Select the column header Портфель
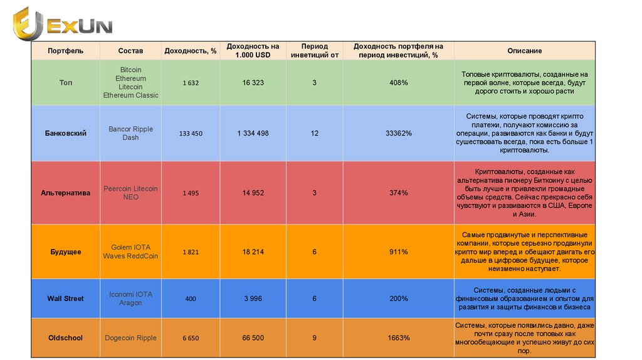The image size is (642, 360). tap(65, 51)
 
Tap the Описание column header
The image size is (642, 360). tap(525, 51)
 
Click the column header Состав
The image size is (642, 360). tap(130, 51)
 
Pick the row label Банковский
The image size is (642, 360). tap(65, 134)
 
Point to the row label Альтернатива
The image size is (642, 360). tap(65, 193)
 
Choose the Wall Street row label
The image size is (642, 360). tap(65, 299)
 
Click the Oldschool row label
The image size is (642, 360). tap(65, 338)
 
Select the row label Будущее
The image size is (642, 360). tap(65, 251)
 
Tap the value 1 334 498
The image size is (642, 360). tap(253, 134)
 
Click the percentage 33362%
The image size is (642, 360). tap(398, 134)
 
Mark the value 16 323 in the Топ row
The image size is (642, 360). tap(253, 83)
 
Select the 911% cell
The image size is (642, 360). tap(398, 251)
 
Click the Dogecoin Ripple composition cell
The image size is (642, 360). tap(130, 338)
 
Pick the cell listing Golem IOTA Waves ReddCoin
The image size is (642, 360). tap(130, 251)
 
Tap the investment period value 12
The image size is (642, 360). tap(314, 134)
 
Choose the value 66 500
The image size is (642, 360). tap(253, 338)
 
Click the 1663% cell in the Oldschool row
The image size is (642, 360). tap(398, 338)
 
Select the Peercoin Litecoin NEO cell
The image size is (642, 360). tap(130, 193)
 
